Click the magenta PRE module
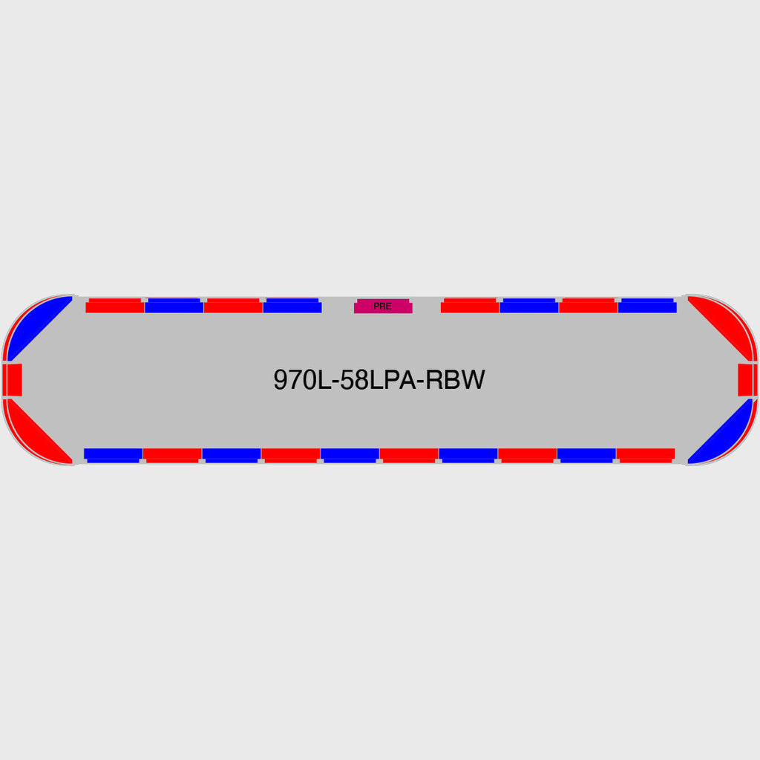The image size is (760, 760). [x=383, y=307]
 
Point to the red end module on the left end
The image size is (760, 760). [x=13, y=380]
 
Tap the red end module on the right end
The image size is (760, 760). [x=747, y=380]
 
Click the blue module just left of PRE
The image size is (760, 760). [x=292, y=306]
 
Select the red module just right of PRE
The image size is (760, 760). [x=470, y=306]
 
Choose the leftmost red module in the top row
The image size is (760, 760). [x=115, y=306]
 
